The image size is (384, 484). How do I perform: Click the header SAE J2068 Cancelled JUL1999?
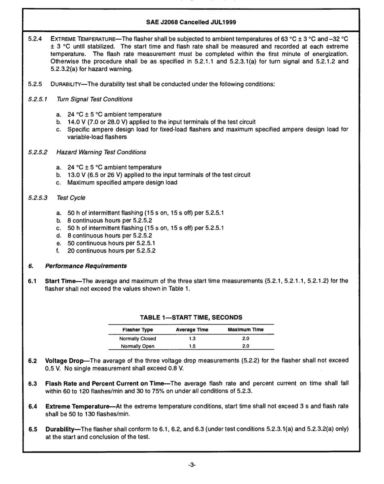coord(191,22)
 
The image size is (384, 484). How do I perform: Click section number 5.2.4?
coord(35,39)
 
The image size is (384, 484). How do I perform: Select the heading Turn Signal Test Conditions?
coord(95,99)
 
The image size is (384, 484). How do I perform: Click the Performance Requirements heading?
coord(86,266)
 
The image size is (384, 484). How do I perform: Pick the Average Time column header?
coord(192,330)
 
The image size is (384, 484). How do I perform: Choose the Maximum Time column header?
coord(245,330)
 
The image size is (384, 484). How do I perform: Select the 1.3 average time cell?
coord(192,339)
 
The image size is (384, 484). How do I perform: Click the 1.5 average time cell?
coord(192,346)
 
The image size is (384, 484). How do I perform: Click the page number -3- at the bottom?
coord(192,465)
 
